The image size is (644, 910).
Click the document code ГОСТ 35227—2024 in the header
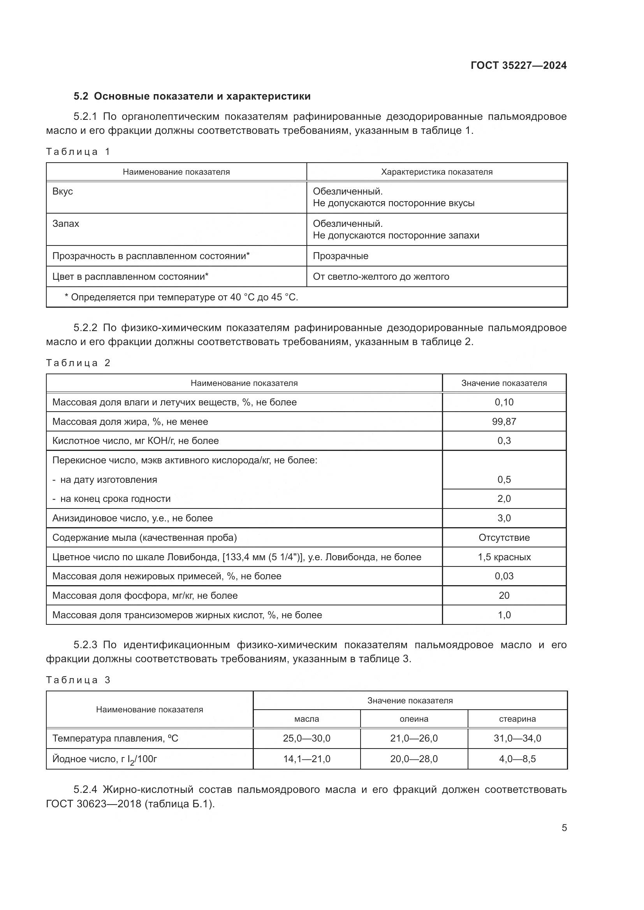518,65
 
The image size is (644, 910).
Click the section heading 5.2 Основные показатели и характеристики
192,96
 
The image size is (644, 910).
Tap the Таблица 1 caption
78,152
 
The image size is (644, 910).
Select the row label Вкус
63,191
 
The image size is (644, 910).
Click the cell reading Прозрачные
340,256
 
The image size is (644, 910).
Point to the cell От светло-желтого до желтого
381,277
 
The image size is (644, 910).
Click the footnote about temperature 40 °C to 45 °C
181,297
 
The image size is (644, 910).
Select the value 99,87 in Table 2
503,422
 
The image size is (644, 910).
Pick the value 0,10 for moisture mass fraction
503,402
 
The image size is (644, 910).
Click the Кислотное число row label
135,441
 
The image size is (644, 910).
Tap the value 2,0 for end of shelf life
503,499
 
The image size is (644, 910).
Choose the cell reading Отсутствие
503,537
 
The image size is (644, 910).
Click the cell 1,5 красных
503,557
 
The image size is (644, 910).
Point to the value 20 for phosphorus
503,596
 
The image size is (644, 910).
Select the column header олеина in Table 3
413,719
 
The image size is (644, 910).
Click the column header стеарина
517,719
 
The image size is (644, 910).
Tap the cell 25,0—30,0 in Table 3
306,738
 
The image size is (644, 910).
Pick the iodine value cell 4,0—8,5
517,759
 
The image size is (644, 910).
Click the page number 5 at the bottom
564,828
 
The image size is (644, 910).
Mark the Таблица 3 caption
78,680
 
